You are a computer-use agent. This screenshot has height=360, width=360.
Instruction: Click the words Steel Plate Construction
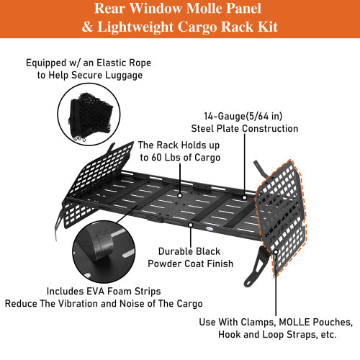[x=245, y=129]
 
